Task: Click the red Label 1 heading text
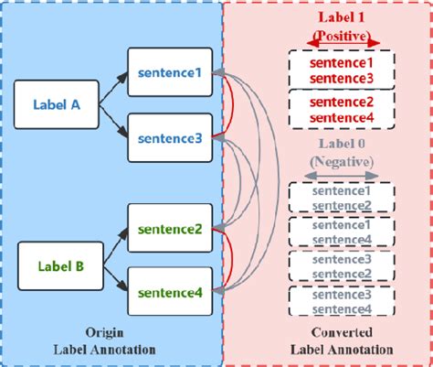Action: coord(341,18)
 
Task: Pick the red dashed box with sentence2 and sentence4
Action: coord(341,108)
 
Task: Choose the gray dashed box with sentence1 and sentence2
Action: coord(341,199)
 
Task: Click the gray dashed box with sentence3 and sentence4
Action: coord(341,301)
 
